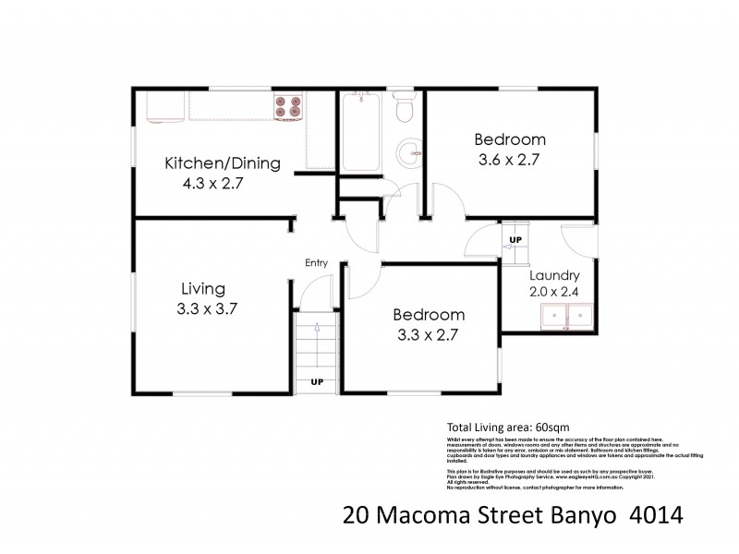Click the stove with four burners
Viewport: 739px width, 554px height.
click(x=287, y=107)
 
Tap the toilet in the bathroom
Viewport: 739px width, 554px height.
click(x=403, y=110)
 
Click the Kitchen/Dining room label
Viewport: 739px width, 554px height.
click(x=222, y=163)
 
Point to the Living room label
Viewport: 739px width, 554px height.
click(x=202, y=288)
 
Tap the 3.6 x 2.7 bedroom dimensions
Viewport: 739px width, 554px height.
click(x=508, y=160)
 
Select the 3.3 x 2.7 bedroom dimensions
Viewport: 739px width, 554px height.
click(x=429, y=333)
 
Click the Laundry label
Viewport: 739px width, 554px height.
click(x=554, y=275)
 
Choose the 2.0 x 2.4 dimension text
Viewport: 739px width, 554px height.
click(x=554, y=293)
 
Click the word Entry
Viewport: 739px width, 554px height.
click(x=317, y=263)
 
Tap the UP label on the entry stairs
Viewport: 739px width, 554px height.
click(x=317, y=381)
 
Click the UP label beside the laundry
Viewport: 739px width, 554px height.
click(x=514, y=240)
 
